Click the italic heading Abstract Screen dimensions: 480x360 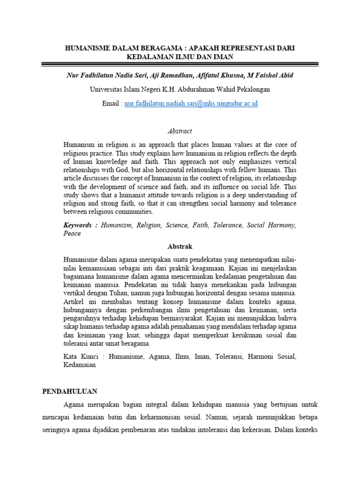[180, 131]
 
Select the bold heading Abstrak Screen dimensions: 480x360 [180, 247]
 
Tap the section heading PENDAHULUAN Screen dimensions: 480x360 [69, 390]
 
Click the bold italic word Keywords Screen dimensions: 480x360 [78, 225]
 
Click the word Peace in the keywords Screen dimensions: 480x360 [72, 233]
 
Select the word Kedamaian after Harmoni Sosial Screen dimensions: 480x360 [79, 365]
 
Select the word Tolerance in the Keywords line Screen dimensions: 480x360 [226, 225]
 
